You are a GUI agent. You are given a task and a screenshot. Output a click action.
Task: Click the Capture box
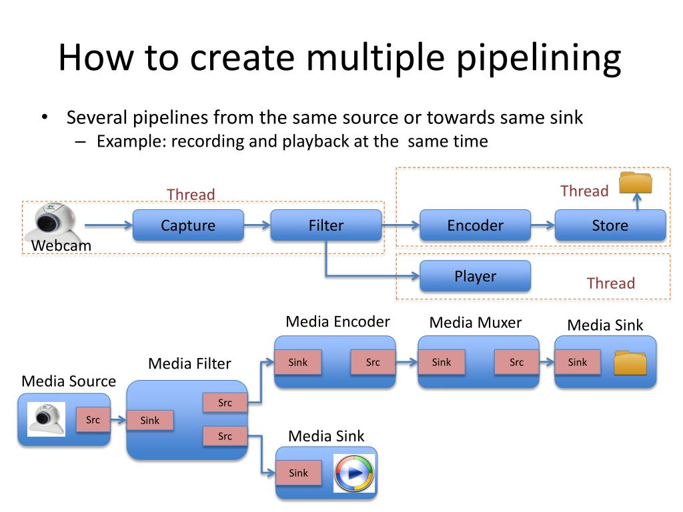(188, 225)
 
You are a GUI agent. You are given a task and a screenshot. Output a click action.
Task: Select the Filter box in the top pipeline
(325, 225)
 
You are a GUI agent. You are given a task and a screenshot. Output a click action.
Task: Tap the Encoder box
(475, 225)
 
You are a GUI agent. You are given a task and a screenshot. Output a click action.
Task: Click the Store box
(610, 225)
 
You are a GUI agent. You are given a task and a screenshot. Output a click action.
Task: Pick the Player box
(475, 276)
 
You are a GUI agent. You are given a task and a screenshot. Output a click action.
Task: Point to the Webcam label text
(61, 245)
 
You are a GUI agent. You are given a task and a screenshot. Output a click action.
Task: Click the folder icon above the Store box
(635, 183)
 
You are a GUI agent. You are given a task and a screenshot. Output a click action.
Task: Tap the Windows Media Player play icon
(354, 473)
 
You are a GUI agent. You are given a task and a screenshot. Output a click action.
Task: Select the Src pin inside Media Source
(93, 420)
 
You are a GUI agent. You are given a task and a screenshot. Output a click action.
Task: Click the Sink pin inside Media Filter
(150, 420)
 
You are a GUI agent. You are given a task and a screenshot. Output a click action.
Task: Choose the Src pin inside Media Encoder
(373, 362)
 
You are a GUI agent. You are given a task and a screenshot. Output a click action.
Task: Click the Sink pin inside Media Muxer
(442, 362)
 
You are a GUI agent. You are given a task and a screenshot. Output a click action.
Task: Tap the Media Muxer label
(476, 323)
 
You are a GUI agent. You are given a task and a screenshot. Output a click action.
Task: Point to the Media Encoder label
(337, 321)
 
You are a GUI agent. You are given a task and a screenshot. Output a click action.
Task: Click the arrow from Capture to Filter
(257, 225)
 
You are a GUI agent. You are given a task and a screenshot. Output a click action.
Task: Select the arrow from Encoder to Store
(542, 225)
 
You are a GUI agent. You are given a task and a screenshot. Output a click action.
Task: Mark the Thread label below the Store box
(610, 283)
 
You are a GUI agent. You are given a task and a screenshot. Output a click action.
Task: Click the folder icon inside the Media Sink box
(630, 363)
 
